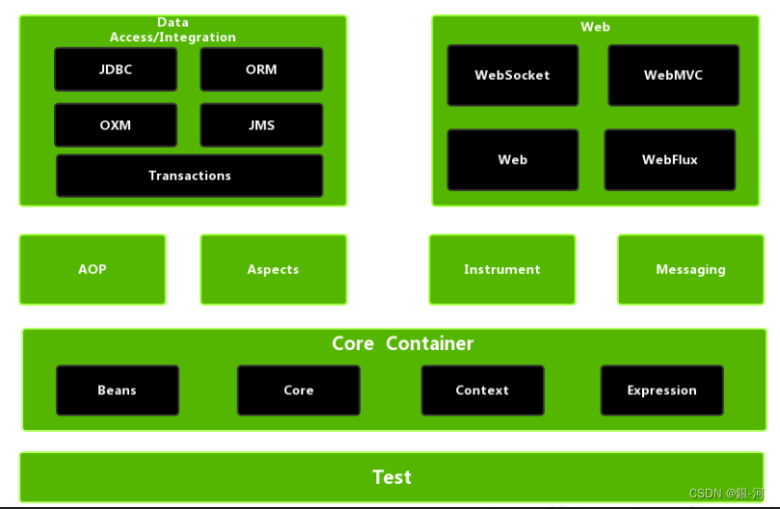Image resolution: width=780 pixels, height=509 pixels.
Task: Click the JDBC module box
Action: pos(116,69)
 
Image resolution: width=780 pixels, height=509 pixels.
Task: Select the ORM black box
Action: pos(261,69)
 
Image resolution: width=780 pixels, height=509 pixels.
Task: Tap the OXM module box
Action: pos(116,125)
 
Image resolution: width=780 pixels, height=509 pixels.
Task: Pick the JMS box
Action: pos(261,125)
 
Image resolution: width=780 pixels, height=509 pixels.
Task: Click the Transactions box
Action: pos(189,175)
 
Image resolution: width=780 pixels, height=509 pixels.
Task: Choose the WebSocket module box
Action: pos(512,75)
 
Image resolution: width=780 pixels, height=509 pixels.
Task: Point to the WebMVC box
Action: pos(673,75)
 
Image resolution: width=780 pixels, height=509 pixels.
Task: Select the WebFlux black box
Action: pos(669,160)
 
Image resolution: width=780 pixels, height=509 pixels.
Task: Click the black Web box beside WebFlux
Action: pos(512,160)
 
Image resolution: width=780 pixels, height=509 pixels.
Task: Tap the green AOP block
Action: pos(93,270)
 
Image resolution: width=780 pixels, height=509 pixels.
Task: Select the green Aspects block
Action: pos(273,270)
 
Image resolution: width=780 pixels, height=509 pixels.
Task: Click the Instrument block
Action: pos(501,270)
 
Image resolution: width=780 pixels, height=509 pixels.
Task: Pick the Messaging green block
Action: pos(690,270)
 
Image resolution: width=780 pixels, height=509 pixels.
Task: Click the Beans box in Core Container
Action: pos(117,390)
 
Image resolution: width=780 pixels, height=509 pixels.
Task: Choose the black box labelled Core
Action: pos(298,390)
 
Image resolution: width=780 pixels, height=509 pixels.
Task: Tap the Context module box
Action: pos(482,390)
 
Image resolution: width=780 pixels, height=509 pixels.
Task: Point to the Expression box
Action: pos(661,390)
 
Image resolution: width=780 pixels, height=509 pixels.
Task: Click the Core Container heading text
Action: pos(402,344)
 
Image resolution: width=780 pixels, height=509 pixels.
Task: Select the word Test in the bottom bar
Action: pos(391,477)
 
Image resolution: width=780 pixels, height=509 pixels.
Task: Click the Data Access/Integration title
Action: pos(173,30)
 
